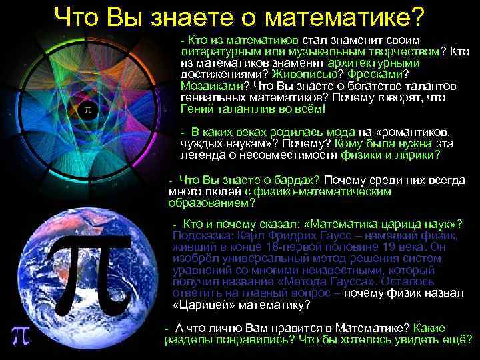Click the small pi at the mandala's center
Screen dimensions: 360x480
click(x=87, y=111)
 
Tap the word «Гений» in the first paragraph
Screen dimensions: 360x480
click(x=195, y=109)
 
